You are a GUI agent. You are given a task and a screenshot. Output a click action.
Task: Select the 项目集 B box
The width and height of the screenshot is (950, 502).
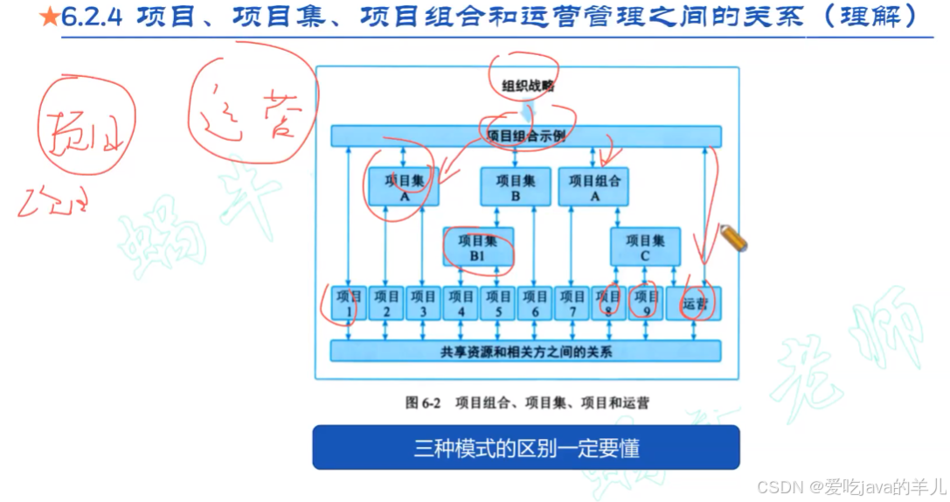pos(516,187)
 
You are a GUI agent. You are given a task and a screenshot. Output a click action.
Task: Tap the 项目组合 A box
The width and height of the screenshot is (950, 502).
pos(593,187)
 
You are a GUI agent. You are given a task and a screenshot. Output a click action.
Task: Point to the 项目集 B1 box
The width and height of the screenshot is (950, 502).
pos(477,248)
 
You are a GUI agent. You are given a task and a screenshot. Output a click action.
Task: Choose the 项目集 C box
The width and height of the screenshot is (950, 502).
pos(645,247)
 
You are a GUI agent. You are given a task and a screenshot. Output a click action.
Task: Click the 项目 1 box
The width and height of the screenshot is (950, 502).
pos(349,303)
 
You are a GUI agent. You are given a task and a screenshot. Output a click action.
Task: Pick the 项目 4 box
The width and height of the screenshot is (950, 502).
pos(460,303)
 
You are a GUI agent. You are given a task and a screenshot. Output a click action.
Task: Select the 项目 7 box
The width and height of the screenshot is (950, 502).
pos(572,303)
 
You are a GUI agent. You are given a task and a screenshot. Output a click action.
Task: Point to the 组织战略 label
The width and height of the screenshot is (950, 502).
pos(527,86)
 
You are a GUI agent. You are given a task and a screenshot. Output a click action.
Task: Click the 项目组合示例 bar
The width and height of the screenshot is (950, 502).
pos(526,136)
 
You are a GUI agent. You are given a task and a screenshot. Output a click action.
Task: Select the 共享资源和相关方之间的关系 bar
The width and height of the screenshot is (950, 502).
pos(526,352)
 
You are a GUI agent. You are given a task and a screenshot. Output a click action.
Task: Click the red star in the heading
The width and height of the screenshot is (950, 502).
pos(51,16)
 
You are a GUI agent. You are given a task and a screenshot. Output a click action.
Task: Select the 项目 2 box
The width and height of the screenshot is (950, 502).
pos(385,303)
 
